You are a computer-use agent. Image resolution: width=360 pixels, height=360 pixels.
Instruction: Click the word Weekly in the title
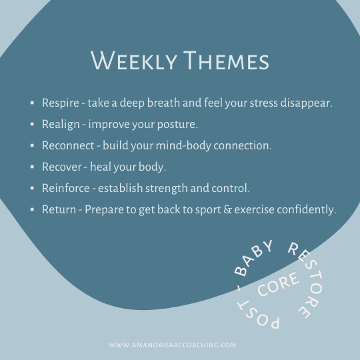[x=134, y=61]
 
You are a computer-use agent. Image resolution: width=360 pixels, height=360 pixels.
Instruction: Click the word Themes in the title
[x=226, y=61]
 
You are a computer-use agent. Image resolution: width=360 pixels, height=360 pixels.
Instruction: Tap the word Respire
[x=61, y=103]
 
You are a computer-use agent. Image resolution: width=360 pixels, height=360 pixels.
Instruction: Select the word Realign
[x=61, y=125]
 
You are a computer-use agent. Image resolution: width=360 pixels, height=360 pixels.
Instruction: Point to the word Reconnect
[x=68, y=145]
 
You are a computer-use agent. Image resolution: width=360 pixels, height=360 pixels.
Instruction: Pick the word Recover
[x=62, y=167]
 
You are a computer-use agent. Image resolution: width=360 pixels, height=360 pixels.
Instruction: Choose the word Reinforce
[x=66, y=188]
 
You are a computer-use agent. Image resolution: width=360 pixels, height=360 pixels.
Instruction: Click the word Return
[x=59, y=209]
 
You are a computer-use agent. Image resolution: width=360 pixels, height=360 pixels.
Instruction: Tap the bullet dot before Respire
[x=32, y=103]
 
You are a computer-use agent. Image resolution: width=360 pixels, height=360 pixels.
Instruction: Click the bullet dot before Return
[x=32, y=209]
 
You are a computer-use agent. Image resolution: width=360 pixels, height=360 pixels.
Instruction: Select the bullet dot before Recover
[x=32, y=167]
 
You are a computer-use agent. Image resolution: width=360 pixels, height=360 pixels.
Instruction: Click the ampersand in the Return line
[x=227, y=209]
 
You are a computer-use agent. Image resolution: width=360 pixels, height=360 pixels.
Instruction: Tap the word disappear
[x=307, y=103]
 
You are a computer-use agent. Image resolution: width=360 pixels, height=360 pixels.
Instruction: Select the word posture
[x=177, y=125]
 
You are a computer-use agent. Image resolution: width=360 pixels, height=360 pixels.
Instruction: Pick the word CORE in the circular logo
[x=279, y=284]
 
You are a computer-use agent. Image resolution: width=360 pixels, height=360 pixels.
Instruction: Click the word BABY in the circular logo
[x=253, y=258]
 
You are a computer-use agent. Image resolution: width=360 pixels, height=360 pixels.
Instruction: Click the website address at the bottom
[x=173, y=345]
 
